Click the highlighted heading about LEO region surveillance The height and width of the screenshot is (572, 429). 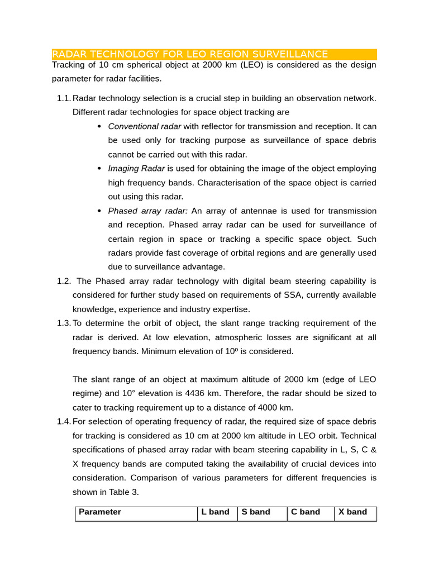coord(190,54)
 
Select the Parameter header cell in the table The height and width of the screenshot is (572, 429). coord(100,512)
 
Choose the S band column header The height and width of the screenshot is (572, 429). coord(256,512)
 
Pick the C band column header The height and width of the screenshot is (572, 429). coord(306,512)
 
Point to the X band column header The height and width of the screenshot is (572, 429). coord(353,512)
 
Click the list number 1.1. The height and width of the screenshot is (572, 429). coord(64,98)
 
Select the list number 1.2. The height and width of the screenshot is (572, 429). coord(64,281)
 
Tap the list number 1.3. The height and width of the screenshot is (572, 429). coord(64,323)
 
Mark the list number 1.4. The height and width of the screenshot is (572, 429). coord(64,422)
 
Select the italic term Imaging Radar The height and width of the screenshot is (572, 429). coord(136,169)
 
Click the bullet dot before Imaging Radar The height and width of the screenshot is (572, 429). coord(99,169)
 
